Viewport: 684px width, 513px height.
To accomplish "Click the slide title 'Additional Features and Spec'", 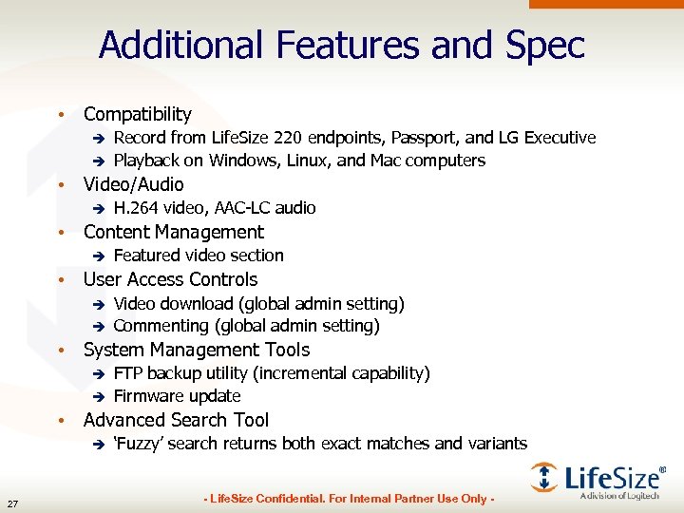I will [342, 45].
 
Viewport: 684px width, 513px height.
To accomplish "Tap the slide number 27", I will [12, 503].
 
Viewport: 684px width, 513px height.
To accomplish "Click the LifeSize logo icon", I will [544, 477].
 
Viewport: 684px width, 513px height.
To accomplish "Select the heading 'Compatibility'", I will [137, 114].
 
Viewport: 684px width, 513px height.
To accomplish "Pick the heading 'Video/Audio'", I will [133, 184].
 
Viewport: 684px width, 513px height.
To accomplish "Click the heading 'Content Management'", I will [173, 232].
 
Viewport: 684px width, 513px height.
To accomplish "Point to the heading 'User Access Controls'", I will [170, 279].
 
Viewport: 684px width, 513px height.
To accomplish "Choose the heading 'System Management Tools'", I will [196, 350].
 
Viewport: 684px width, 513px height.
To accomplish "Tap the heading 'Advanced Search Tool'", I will [176, 420].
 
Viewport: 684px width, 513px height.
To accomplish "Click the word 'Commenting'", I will [161, 326].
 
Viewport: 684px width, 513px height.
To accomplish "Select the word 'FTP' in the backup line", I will [128, 373].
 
